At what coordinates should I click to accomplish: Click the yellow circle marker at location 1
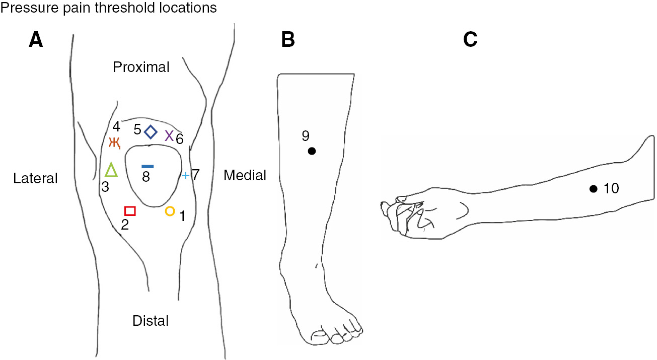pyautogui.click(x=170, y=211)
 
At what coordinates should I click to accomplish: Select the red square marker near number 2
pyautogui.click(x=130, y=210)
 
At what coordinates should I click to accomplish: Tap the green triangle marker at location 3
pyautogui.click(x=111, y=170)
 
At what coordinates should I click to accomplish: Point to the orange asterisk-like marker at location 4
pyautogui.click(x=115, y=143)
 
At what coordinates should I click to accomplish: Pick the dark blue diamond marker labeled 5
pyautogui.click(x=151, y=132)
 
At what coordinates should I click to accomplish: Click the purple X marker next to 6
pyautogui.click(x=169, y=135)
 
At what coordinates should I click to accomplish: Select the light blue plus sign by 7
pyautogui.click(x=185, y=176)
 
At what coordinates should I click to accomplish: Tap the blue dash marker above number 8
pyautogui.click(x=148, y=166)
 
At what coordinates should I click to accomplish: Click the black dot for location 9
pyautogui.click(x=312, y=151)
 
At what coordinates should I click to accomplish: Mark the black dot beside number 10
pyautogui.click(x=594, y=189)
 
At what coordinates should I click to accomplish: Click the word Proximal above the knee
pyautogui.click(x=141, y=67)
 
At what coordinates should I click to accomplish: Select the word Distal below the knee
pyautogui.click(x=150, y=320)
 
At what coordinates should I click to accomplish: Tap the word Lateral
pyautogui.click(x=36, y=178)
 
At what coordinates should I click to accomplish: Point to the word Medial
pyautogui.click(x=245, y=175)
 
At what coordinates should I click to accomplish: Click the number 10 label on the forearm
pyautogui.click(x=611, y=189)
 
